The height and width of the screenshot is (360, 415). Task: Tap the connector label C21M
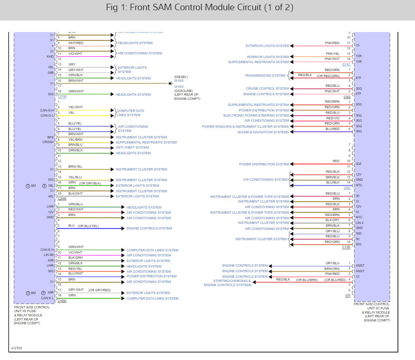[x=62, y=97]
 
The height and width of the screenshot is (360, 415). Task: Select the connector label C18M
[x=62, y=301]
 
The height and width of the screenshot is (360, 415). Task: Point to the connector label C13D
[x=346, y=247]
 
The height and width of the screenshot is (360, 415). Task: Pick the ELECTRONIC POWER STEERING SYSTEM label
[x=256, y=116]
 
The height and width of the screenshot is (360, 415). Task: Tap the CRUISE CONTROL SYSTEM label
[x=267, y=89]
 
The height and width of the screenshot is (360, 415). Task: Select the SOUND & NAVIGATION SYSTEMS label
[x=263, y=132]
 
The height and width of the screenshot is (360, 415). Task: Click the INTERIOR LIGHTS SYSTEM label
[x=268, y=57]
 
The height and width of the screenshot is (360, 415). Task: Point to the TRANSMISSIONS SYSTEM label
[x=265, y=75]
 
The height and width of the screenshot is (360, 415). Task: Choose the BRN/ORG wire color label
[x=332, y=268]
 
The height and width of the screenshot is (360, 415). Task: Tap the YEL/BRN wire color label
[x=76, y=139]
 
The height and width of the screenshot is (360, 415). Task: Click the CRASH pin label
[x=48, y=142]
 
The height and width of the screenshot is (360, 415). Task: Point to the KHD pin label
[x=50, y=56]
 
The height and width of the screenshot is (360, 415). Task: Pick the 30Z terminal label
[x=358, y=164]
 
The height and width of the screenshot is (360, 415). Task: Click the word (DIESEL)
[x=181, y=77]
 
